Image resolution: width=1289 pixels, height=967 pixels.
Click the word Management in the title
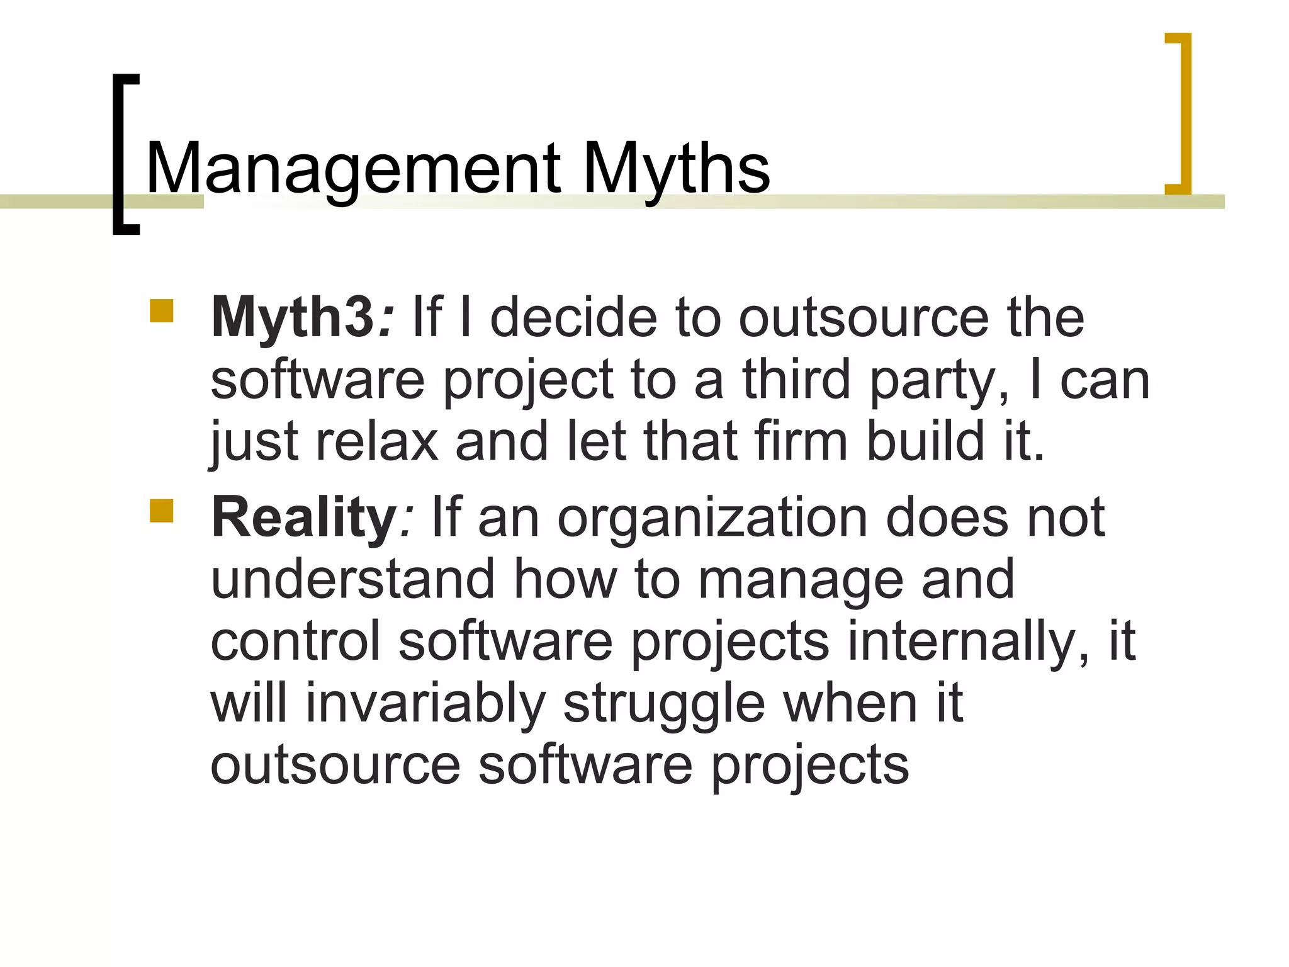coord(352,169)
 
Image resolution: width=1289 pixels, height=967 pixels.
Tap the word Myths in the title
coord(676,169)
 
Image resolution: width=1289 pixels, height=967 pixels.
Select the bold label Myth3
coord(293,318)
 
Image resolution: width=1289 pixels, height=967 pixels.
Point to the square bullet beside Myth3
coord(162,311)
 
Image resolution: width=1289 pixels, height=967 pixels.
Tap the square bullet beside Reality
coord(162,511)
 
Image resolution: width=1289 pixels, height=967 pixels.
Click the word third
coord(797,380)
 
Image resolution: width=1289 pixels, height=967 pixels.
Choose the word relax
coord(376,442)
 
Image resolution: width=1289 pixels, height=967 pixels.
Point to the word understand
coord(352,579)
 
